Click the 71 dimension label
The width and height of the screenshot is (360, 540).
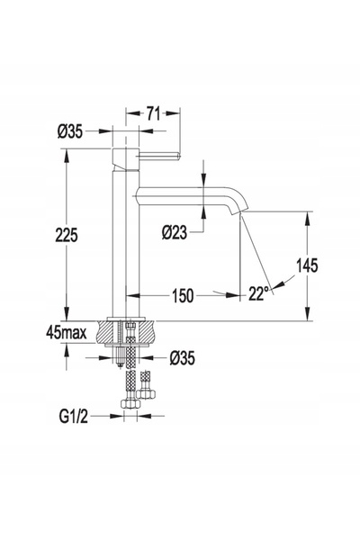153,113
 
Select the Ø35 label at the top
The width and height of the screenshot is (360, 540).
70,131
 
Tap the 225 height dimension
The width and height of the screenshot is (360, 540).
67,235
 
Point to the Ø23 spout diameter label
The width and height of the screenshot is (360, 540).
175,232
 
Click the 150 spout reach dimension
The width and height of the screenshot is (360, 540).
183,295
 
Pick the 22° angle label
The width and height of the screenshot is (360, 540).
258,293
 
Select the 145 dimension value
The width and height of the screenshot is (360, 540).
307,265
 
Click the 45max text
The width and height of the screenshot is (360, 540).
66,333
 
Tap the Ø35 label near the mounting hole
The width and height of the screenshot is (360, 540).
182,358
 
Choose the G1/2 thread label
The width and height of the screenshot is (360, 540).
73,417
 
